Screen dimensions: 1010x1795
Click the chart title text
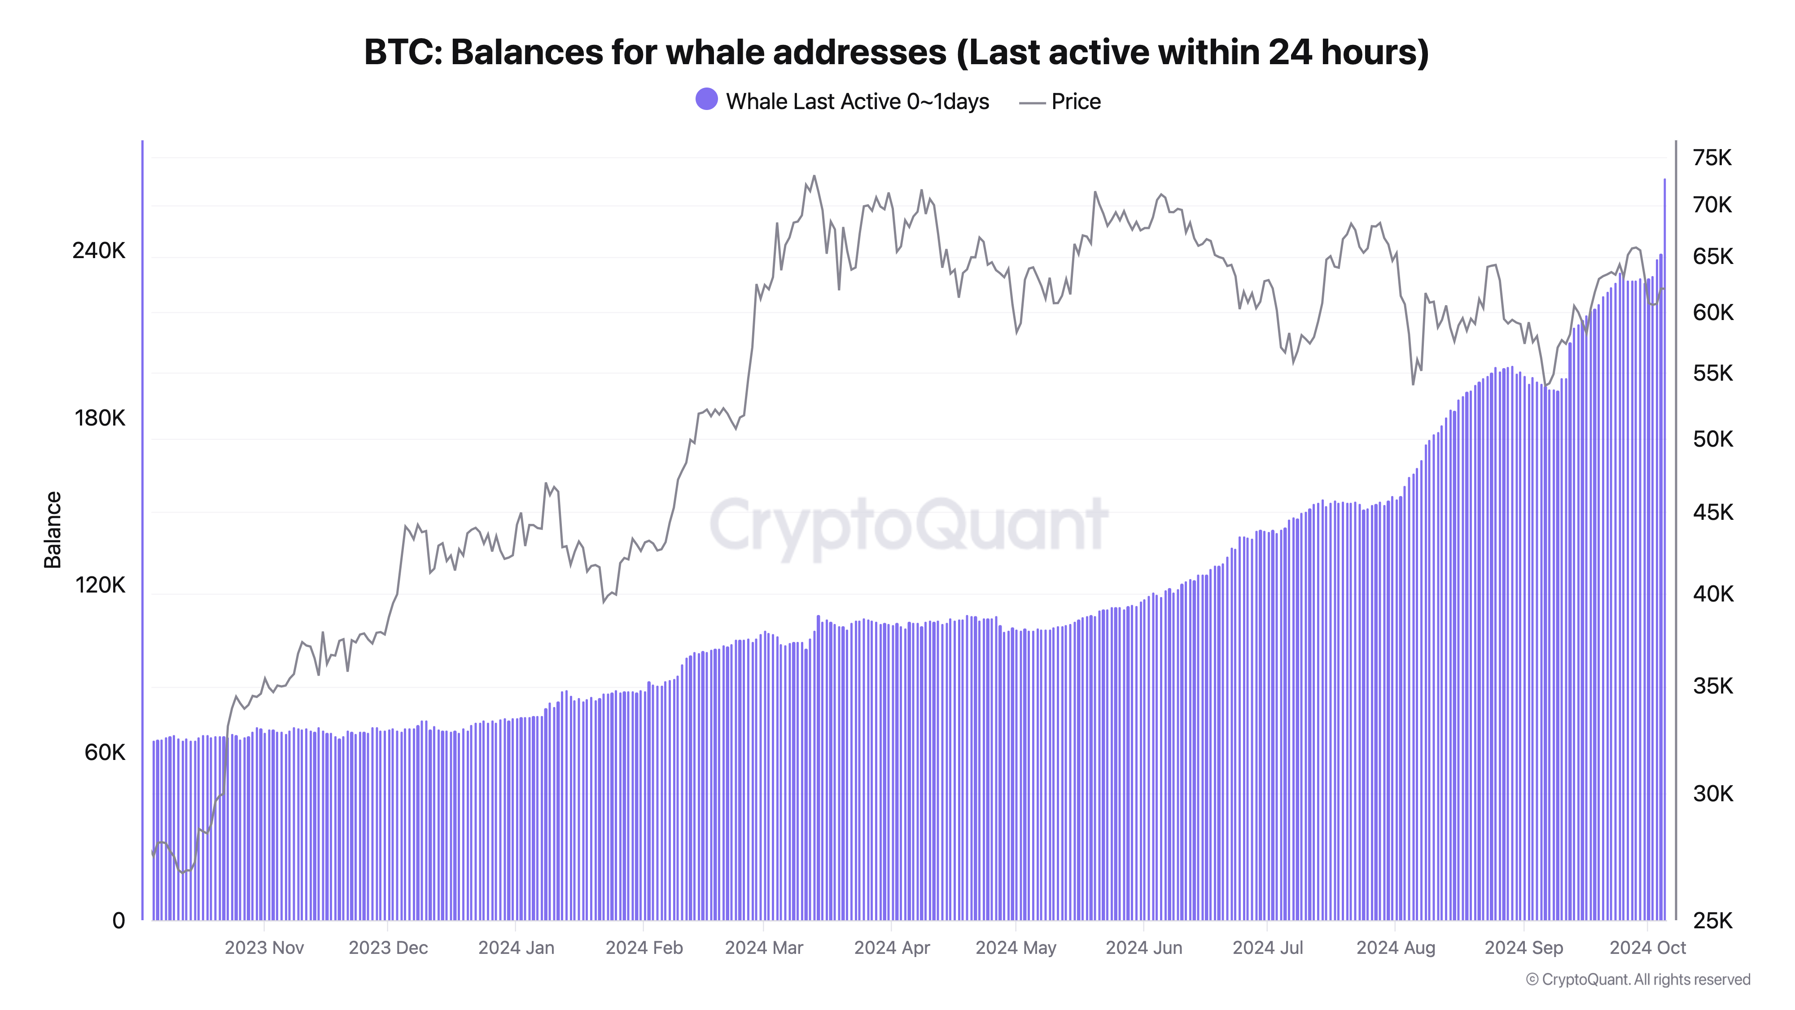click(x=896, y=52)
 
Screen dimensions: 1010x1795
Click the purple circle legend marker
click(x=706, y=100)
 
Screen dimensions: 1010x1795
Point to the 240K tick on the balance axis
click(x=98, y=250)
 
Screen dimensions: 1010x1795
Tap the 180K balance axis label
click(x=100, y=418)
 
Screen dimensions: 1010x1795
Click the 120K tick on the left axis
click(x=100, y=585)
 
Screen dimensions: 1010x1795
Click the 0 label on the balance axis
click(x=118, y=921)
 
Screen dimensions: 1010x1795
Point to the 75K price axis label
click(x=1712, y=158)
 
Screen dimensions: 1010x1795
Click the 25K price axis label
click(x=1712, y=921)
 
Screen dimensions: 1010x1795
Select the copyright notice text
click(x=1637, y=979)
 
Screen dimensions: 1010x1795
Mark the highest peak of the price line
click(x=814, y=176)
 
